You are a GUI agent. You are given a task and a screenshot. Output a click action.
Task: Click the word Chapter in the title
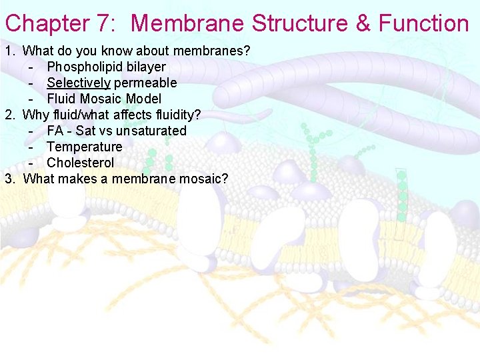[x=47, y=24]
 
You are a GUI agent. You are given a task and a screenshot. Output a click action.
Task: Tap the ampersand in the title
[x=363, y=24]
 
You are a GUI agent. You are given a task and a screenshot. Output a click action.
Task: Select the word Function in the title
[x=424, y=24]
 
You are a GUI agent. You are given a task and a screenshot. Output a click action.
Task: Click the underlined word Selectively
[x=78, y=83]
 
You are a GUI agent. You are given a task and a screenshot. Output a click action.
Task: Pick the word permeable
[x=145, y=83]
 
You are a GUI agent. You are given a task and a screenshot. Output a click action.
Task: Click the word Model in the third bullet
[x=143, y=99]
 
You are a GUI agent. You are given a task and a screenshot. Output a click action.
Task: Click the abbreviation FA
[x=55, y=131]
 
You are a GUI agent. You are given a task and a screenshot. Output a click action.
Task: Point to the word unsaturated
[x=151, y=131]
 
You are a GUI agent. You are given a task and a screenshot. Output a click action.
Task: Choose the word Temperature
[x=85, y=147]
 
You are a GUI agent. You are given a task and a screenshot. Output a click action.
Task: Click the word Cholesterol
[x=81, y=163]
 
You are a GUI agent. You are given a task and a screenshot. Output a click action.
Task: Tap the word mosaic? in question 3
[x=203, y=179]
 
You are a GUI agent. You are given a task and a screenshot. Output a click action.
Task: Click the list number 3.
[x=9, y=179]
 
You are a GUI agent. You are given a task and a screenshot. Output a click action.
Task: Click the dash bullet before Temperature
[x=31, y=147]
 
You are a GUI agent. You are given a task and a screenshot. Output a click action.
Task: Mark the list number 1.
[x=9, y=51]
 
